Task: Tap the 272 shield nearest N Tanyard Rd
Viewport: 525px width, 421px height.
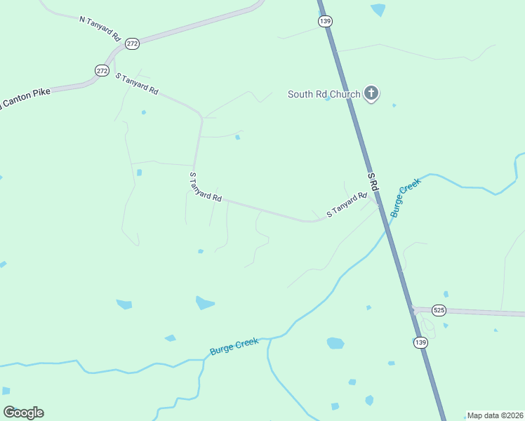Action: tap(133, 44)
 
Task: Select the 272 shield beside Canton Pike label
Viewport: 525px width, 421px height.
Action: tap(102, 70)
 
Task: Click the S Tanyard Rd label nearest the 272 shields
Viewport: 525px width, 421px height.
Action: tap(137, 83)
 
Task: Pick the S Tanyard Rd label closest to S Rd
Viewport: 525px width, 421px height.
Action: tap(347, 203)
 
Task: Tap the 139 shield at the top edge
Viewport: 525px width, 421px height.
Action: tap(325, 22)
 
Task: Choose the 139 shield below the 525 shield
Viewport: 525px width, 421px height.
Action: tap(420, 342)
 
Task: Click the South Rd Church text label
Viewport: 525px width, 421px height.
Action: tap(324, 94)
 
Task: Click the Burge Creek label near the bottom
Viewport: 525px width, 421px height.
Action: tap(234, 346)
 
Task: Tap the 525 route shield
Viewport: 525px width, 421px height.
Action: tap(439, 310)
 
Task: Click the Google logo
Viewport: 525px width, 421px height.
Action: tap(23, 413)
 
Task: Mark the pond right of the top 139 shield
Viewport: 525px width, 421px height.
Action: tap(378, 9)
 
